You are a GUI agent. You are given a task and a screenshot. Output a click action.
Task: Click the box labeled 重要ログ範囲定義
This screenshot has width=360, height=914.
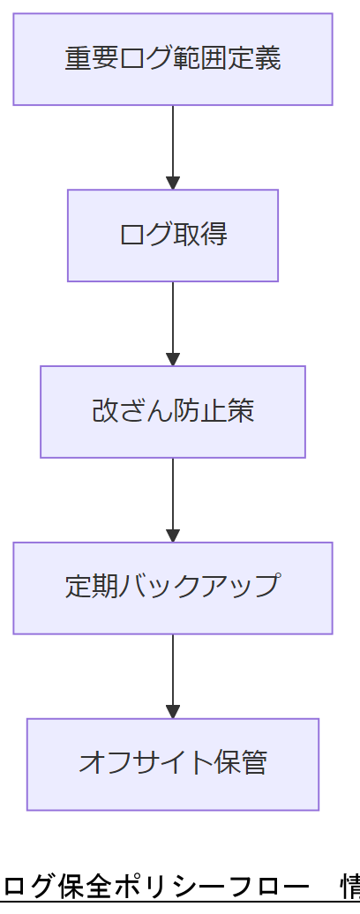pyautogui.click(x=173, y=59)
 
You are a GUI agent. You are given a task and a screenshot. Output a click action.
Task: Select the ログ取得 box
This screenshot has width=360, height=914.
pyautogui.click(x=173, y=236)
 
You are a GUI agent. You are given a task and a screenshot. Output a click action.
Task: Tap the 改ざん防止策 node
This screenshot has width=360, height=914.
pyautogui.click(x=173, y=412)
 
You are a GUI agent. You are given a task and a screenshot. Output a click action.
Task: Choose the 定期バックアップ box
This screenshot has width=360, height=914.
pyautogui.click(x=173, y=588)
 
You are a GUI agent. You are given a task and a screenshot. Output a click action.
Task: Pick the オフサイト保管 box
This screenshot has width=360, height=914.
pyautogui.click(x=173, y=764)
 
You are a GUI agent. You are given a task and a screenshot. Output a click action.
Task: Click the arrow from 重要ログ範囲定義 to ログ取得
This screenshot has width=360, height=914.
pyautogui.click(x=173, y=146)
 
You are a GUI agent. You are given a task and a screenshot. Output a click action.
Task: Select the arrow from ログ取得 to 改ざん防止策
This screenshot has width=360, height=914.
pyautogui.click(x=173, y=323)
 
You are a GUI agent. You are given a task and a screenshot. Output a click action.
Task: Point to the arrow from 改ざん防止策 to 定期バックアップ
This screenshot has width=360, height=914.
pyautogui.click(x=173, y=499)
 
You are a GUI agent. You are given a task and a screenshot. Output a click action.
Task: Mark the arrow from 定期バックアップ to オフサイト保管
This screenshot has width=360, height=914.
pyautogui.click(x=173, y=676)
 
